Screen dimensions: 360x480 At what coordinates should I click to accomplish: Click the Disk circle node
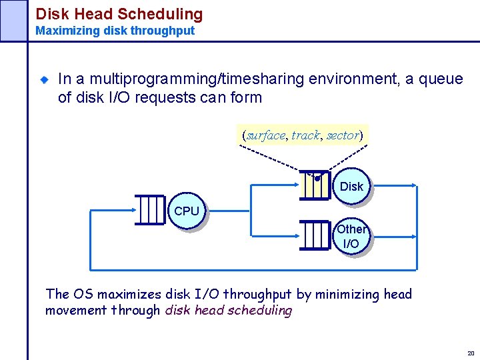[x=351, y=186]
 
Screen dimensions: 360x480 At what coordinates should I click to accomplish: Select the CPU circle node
[x=187, y=211]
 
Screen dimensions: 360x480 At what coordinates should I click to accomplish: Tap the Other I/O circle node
[x=351, y=237]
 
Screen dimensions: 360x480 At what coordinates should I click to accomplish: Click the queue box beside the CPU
[x=151, y=211]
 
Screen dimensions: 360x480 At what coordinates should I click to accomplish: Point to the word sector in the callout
[x=343, y=135]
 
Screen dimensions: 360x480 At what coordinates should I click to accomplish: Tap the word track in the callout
[x=305, y=135]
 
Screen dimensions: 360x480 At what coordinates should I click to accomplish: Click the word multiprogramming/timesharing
[x=181, y=79]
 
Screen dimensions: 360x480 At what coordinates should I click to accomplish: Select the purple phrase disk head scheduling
[x=229, y=310]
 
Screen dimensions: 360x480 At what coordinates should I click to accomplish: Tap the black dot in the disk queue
[x=318, y=178]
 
